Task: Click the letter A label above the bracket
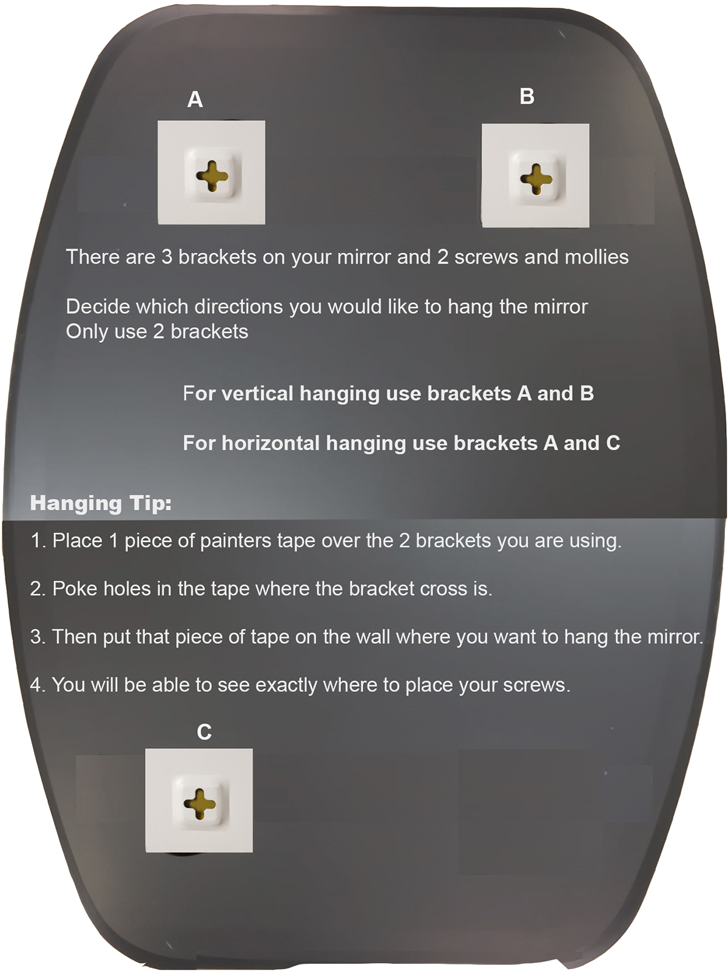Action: coord(195,100)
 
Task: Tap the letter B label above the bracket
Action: coord(527,96)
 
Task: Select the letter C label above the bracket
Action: coord(204,732)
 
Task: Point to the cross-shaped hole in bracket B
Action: coord(536,179)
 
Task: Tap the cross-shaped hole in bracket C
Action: coord(200,804)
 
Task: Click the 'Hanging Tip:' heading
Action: coord(101,504)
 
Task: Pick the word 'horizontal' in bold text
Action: coord(271,443)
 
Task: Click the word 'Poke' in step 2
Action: coord(75,589)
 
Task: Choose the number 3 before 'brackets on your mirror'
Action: coord(167,257)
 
